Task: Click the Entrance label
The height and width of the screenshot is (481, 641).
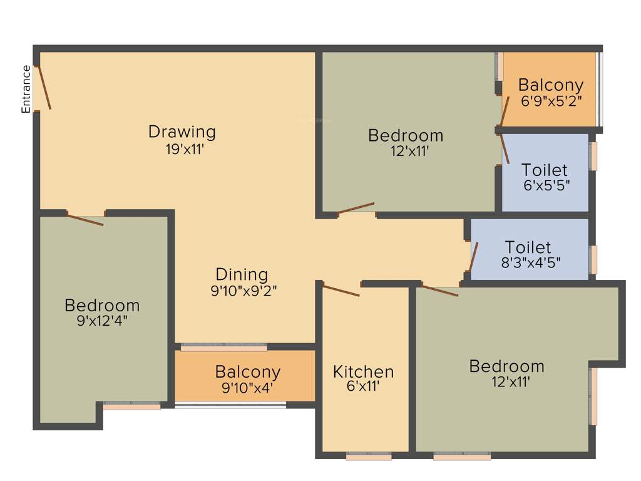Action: click(x=26, y=89)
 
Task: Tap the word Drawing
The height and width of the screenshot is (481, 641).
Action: click(x=182, y=132)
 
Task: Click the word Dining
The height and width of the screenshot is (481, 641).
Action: click(x=242, y=274)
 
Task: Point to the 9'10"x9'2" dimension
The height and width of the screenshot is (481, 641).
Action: click(x=244, y=291)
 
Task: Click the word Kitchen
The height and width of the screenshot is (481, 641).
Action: click(x=363, y=372)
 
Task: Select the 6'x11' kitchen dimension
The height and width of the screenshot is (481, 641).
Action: click(x=363, y=387)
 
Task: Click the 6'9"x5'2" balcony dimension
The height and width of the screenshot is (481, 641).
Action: click(x=551, y=100)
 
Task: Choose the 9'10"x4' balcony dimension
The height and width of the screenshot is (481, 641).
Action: click(x=247, y=388)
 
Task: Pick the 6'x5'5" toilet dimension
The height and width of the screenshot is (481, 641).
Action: click(x=545, y=186)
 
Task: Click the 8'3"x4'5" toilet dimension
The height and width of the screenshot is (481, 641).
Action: click(x=528, y=263)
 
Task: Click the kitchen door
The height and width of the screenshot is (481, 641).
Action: click(x=341, y=291)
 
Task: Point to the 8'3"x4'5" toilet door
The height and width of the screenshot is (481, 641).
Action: click(x=474, y=257)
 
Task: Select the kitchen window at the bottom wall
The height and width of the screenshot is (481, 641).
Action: click(x=369, y=456)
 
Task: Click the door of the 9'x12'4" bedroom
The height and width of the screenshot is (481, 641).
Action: click(x=85, y=220)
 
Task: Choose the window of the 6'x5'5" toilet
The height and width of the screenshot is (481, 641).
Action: click(x=593, y=157)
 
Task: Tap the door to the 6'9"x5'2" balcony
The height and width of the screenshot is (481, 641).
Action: click(x=503, y=112)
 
